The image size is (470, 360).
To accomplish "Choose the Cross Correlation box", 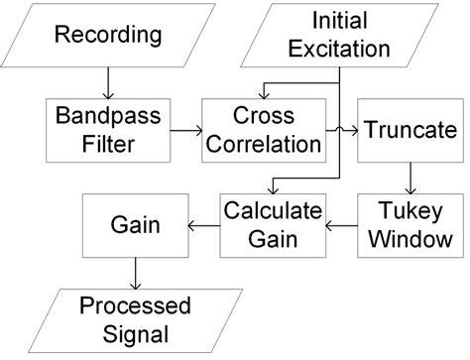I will [262, 128].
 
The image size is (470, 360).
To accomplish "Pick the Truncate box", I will [410, 129].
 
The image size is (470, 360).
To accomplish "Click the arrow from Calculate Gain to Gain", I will [198, 225].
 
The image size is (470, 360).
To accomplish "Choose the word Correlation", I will [262, 143].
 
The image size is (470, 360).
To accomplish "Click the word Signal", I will [139, 333].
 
